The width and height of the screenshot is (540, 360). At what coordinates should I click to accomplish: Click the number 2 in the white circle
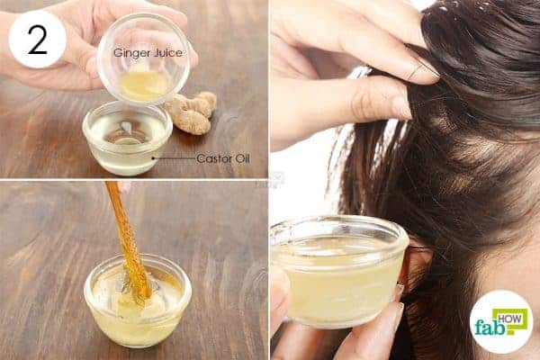pyautogui.click(x=37, y=40)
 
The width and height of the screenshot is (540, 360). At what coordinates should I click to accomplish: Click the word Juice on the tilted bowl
pyautogui.click(x=169, y=52)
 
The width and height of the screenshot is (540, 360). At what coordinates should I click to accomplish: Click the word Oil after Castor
pyautogui.click(x=242, y=158)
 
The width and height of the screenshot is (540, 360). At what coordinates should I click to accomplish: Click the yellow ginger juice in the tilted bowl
pyautogui.click(x=144, y=85)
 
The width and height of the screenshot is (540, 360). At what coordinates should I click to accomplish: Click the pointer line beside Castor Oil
pyautogui.click(x=174, y=158)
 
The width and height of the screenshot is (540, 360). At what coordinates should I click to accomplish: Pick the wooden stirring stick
pyautogui.click(x=128, y=241)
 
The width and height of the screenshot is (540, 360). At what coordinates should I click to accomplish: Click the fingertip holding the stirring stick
pyautogui.click(x=123, y=187)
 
